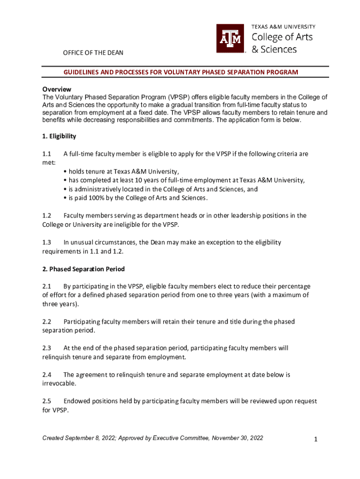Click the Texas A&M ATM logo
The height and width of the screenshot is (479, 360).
pos(230,38)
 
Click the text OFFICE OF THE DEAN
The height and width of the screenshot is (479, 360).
pos(93,52)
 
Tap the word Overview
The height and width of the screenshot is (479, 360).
pos(57,89)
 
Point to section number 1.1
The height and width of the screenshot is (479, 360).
pos(46,153)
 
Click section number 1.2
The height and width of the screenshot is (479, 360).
pos(46,216)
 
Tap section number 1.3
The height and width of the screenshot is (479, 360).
pos(46,242)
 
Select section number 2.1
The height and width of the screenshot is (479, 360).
pos(46,286)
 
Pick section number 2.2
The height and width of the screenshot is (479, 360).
pos(46,322)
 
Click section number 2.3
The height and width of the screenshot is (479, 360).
pos(46,348)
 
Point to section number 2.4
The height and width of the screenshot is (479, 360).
pos(46,375)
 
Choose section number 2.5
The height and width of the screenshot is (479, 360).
pos(46,401)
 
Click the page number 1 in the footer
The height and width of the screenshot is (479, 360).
pos(316,439)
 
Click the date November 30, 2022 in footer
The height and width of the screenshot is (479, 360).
pos(238,438)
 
